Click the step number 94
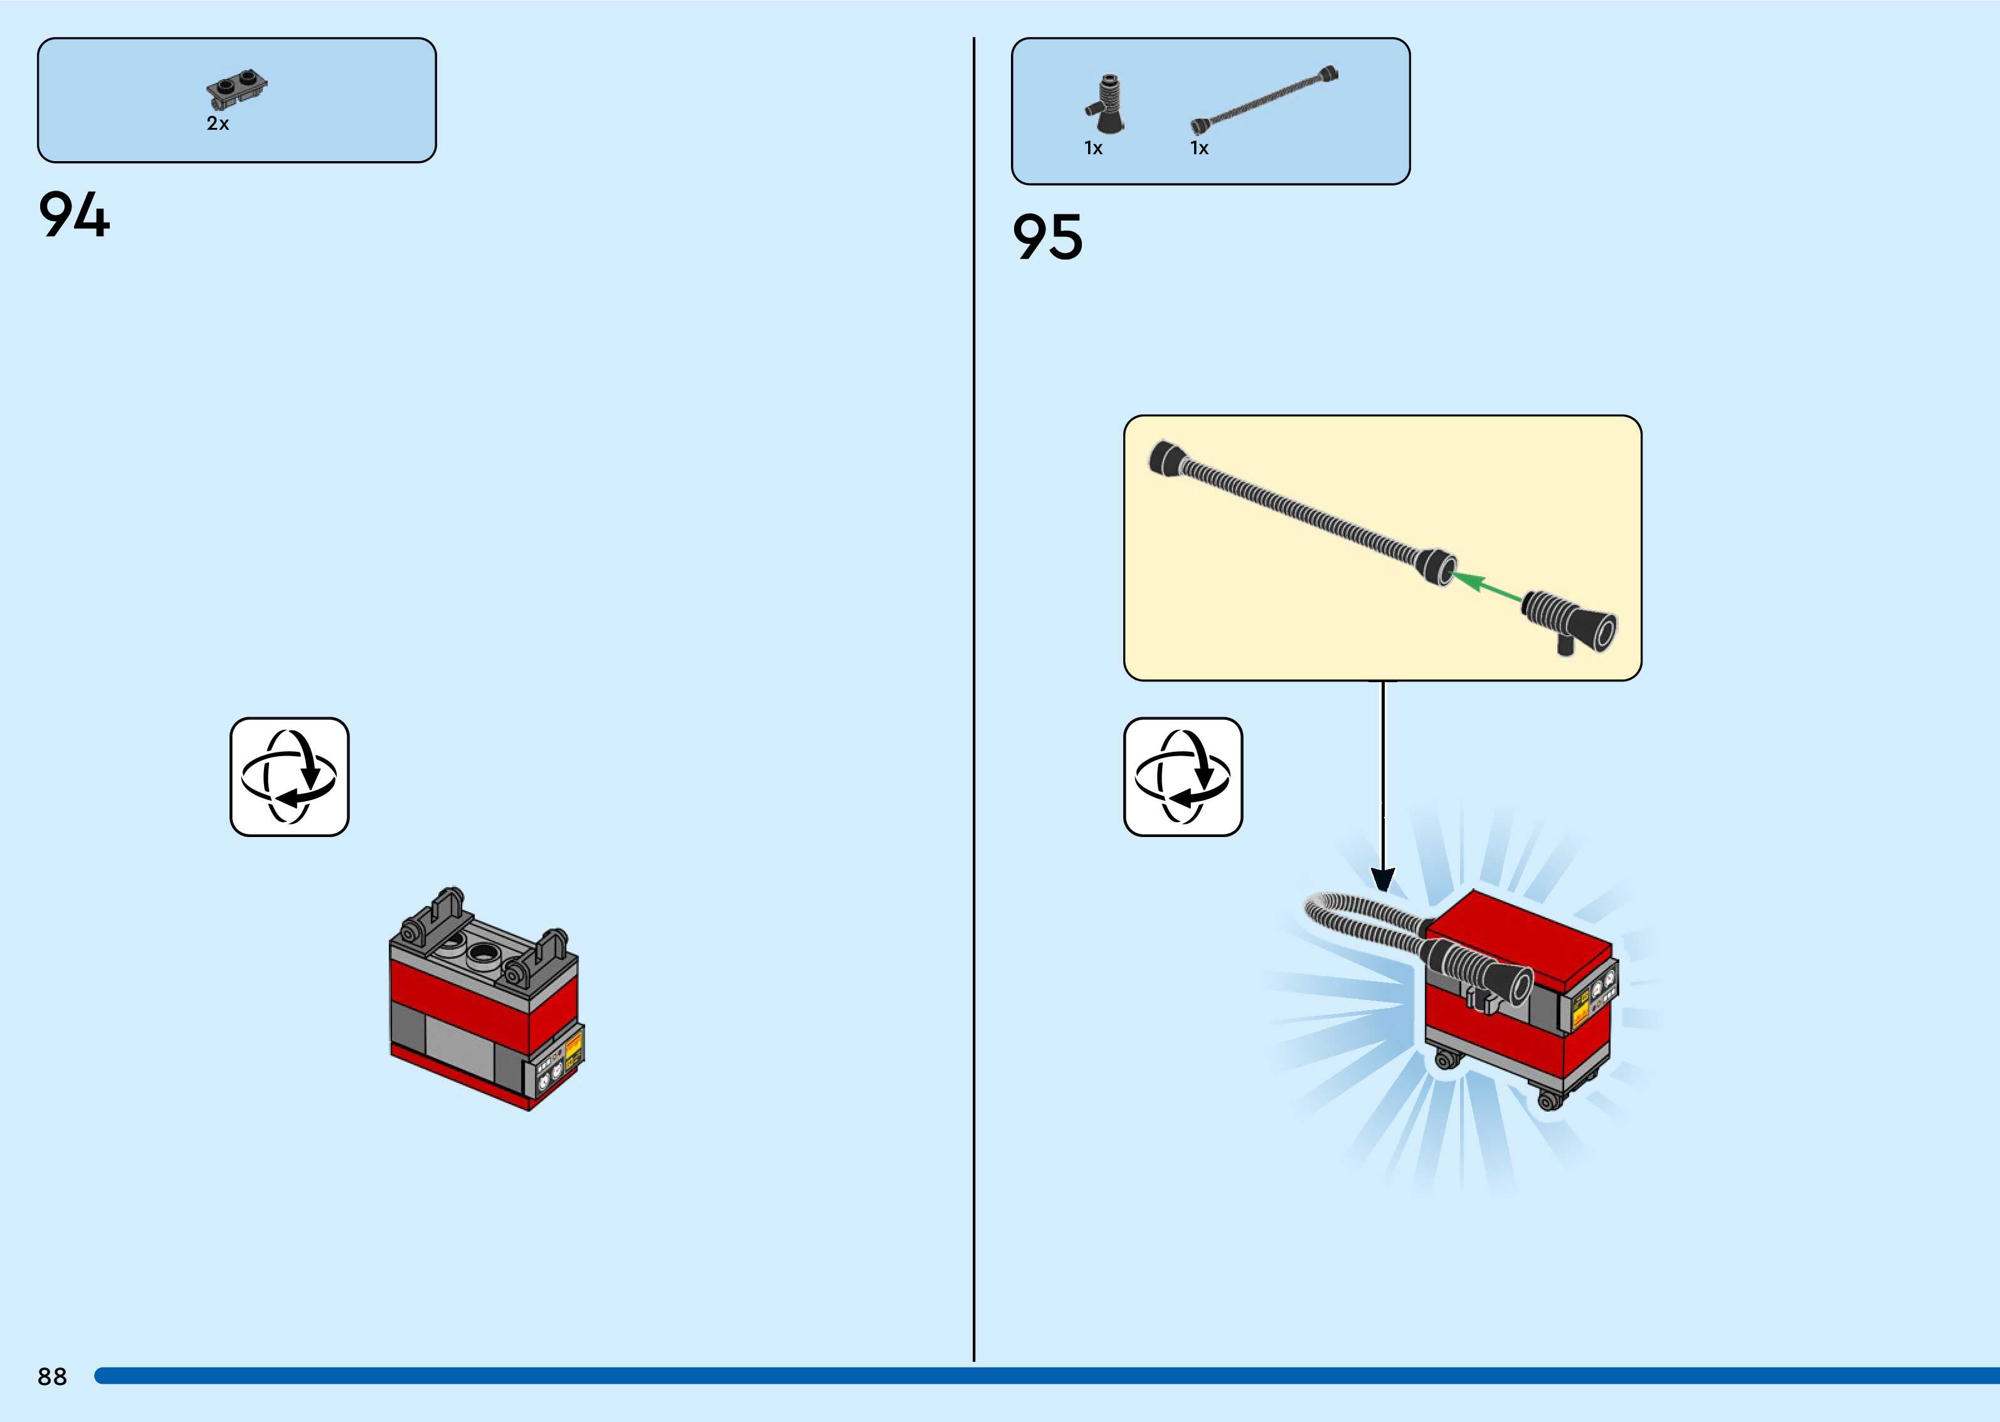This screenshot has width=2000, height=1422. (75, 216)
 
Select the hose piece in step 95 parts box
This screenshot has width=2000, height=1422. (1264, 100)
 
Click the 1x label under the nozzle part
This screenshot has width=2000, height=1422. (1093, 149)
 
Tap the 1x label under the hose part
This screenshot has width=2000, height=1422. (1198, 149)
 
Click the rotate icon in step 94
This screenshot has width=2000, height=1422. (289, 777)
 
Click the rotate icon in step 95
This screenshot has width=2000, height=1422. (1183, 777)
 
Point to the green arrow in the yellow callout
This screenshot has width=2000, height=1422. (1486, 587)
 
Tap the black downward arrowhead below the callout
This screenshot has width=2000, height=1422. (1383, 879)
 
